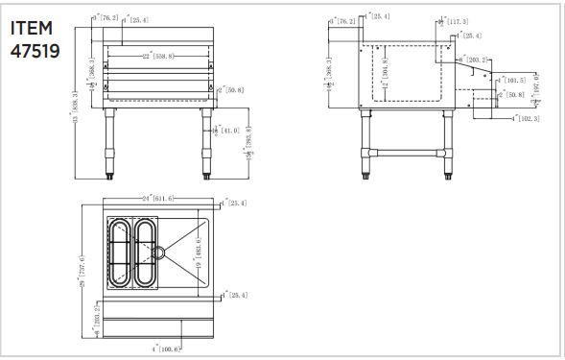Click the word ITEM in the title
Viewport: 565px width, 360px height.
point(32,28)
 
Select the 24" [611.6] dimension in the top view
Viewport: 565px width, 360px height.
point(156,198)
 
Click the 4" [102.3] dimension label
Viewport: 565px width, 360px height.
point(525,118)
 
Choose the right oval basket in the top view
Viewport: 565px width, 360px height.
point(146,252)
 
